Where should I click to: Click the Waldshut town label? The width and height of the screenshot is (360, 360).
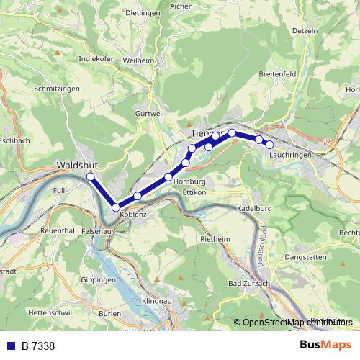(x=77, y=165)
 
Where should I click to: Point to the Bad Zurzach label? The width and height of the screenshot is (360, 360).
(x=248, y=284)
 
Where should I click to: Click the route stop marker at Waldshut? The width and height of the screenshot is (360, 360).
(x=91, y=176)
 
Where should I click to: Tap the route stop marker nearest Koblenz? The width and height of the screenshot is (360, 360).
(x=115, y=207)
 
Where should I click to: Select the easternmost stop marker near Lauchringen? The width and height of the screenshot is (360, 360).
(x=270, y=145)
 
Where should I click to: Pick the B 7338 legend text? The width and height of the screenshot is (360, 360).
(x=37, y=346)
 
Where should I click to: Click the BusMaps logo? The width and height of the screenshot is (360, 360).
(x=325, y=345)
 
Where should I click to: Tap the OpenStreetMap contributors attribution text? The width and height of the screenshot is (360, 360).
(x=296, y=323)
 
